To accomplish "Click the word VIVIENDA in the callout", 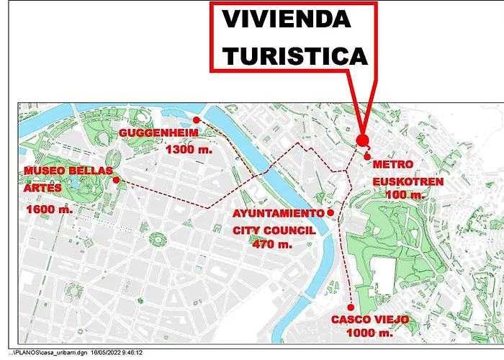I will point(286,19).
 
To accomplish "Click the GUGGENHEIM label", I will point(153,134).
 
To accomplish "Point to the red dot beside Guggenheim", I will point(196,120).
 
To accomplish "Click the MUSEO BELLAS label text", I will point(68,171).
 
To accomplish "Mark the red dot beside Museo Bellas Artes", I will point(117,180).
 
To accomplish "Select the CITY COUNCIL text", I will point(274,230).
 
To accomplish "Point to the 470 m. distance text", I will point(273,244).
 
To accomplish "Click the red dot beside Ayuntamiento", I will point(330,212).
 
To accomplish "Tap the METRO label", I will point(393,165).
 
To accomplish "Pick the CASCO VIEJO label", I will point(371,320).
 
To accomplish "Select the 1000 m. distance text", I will point(369,334).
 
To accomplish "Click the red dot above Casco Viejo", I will point(350,307).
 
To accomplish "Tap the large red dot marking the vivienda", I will point(362,140).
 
